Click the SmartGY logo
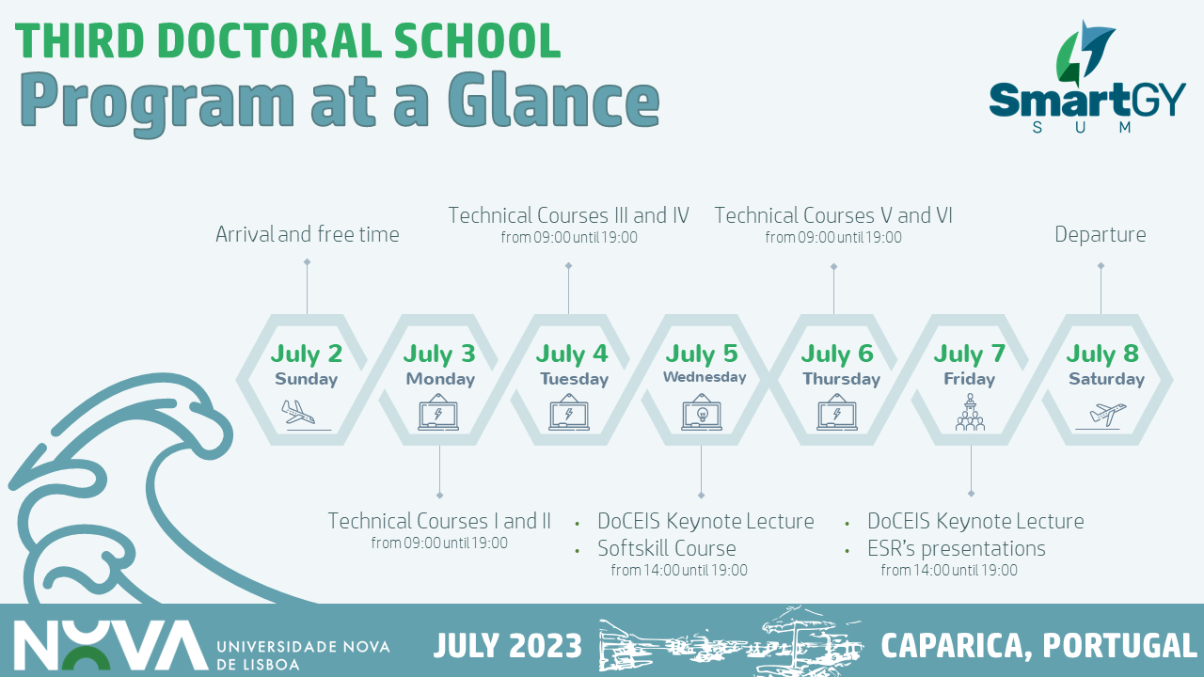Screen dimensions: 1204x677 tap(1086, 78)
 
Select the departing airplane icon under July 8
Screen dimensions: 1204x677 tap(1101, 416)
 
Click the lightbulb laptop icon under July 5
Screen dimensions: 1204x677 tap(702, 412)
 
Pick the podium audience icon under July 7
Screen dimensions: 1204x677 tap(970, 412)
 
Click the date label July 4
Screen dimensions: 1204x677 tap(571, 354)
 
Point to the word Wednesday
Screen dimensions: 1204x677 tap(705, 377)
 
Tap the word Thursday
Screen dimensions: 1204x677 tap(841, 379)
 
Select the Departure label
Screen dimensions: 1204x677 tap(1101, 234)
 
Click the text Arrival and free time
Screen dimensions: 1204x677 tap(308, 234)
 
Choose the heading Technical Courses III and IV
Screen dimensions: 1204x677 tap(569, 215)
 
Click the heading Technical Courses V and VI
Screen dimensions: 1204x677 tap(833, 215)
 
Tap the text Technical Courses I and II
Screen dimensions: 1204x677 tap(439, 521)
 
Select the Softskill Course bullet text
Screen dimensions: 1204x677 tap(667, 548)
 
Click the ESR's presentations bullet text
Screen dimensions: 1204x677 tap(957, 548)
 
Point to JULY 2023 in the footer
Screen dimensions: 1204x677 tap(507, 645)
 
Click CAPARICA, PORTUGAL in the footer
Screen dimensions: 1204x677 tap(1038, 646)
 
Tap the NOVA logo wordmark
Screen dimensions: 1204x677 tap(111, 645)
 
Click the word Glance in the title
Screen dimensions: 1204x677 tap(554, 101)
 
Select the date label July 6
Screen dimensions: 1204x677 tap(837, 354)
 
